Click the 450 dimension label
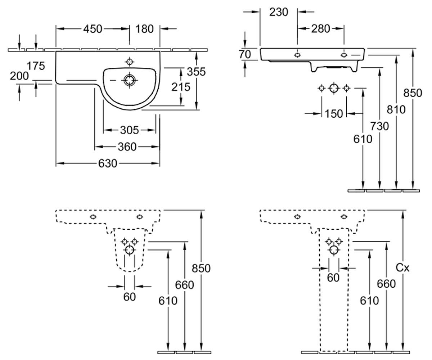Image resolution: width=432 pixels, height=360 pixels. pos(93,29)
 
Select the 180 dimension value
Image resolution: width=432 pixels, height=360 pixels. pos(144,29)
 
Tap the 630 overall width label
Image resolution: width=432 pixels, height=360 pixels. pos(108,163)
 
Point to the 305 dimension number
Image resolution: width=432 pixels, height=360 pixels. pos(129,130)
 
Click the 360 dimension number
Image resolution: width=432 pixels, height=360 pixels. pos(127,147)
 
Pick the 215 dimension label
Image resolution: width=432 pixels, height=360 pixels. pos(181,87)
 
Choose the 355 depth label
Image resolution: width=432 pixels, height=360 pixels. pos(196,72)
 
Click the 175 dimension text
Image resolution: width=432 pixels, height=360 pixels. pos(36,66)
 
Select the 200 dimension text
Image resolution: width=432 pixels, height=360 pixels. pos(19,76)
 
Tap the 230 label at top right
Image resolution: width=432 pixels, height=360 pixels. pos(279,12)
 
